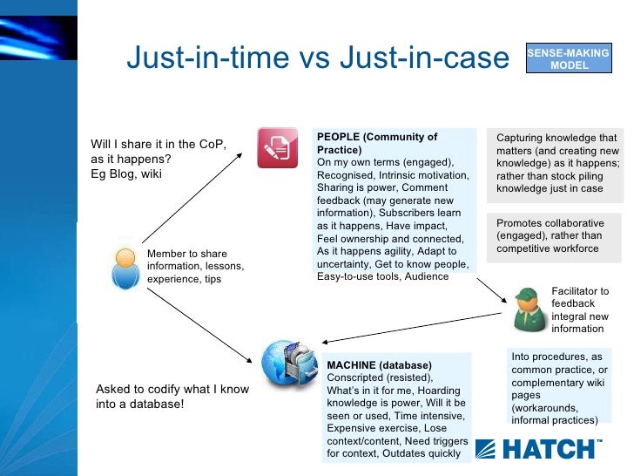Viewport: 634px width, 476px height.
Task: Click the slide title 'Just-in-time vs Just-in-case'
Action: coord(317,58)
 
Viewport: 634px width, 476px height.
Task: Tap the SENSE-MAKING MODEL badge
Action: coord(569,59)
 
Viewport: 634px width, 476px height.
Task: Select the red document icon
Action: coord(278,147)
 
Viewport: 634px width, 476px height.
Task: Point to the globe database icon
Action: coord(288,362)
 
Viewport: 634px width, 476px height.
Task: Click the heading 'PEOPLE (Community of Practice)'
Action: coord(377,143)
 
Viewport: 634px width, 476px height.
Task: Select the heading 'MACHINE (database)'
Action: coord(379,364)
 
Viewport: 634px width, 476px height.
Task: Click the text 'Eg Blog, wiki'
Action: coord(126,173)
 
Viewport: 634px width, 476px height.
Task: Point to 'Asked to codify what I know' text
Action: coord(172,390)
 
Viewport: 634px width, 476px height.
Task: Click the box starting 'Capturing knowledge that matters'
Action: coord(556,163)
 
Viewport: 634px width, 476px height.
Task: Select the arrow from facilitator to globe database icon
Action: coord(409,328)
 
